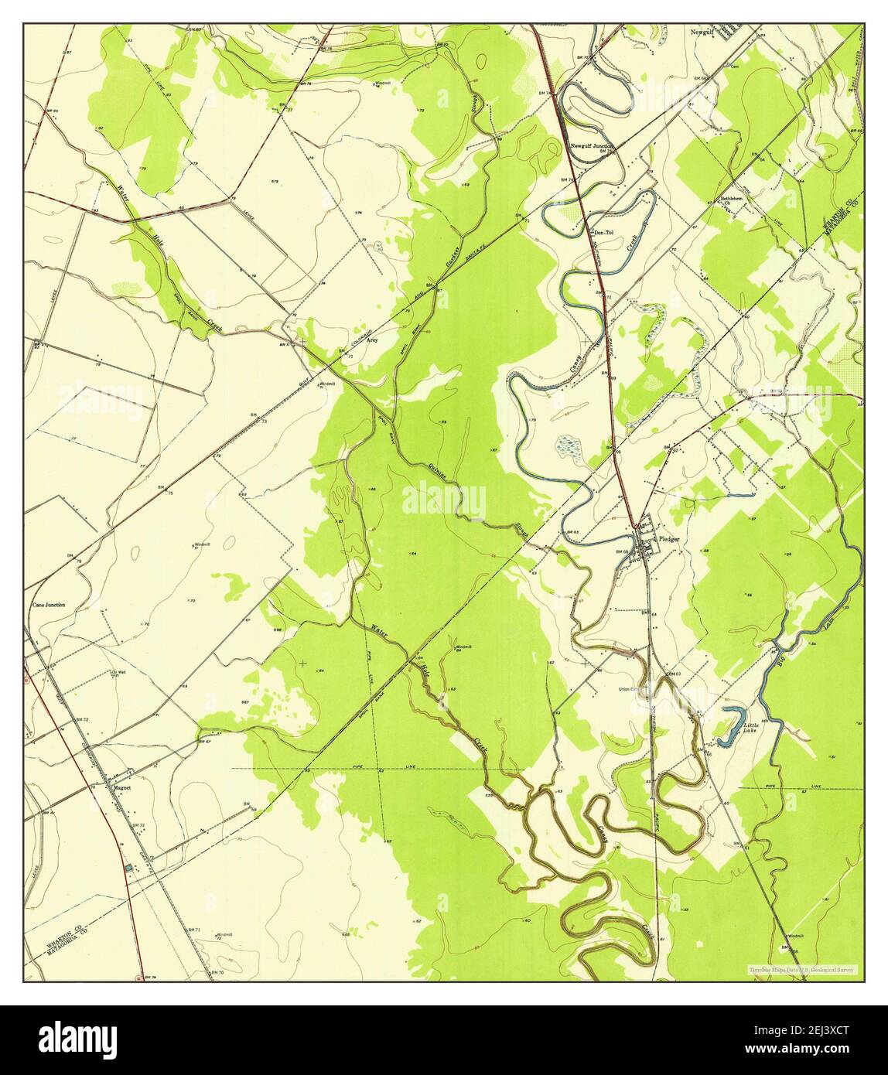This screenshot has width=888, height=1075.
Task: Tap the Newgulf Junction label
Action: click(592, 145)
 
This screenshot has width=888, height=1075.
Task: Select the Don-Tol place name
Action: click(603, 231)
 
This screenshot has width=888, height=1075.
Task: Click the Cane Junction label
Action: click(49, 605)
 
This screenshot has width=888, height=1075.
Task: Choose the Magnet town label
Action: click(122, 788)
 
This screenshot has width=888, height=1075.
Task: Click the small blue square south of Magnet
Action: click(128, 869)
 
